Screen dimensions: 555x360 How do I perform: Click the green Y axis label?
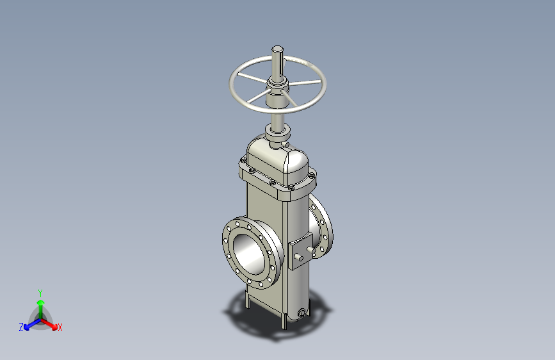click(x=40, y=293)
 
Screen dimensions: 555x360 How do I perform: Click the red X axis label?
click(x=60, y=328)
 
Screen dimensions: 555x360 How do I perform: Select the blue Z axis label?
click(x=21, y=327)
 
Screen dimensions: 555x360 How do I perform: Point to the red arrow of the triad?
click(x=49, y=324)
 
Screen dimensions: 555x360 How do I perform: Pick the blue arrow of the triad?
click(x=33, y=324)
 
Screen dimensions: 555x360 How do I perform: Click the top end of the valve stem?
click(x=278, y=49)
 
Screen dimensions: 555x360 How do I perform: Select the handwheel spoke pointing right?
click(x=305, y=83)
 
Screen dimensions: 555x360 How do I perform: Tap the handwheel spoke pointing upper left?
click(x=252, y=78)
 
